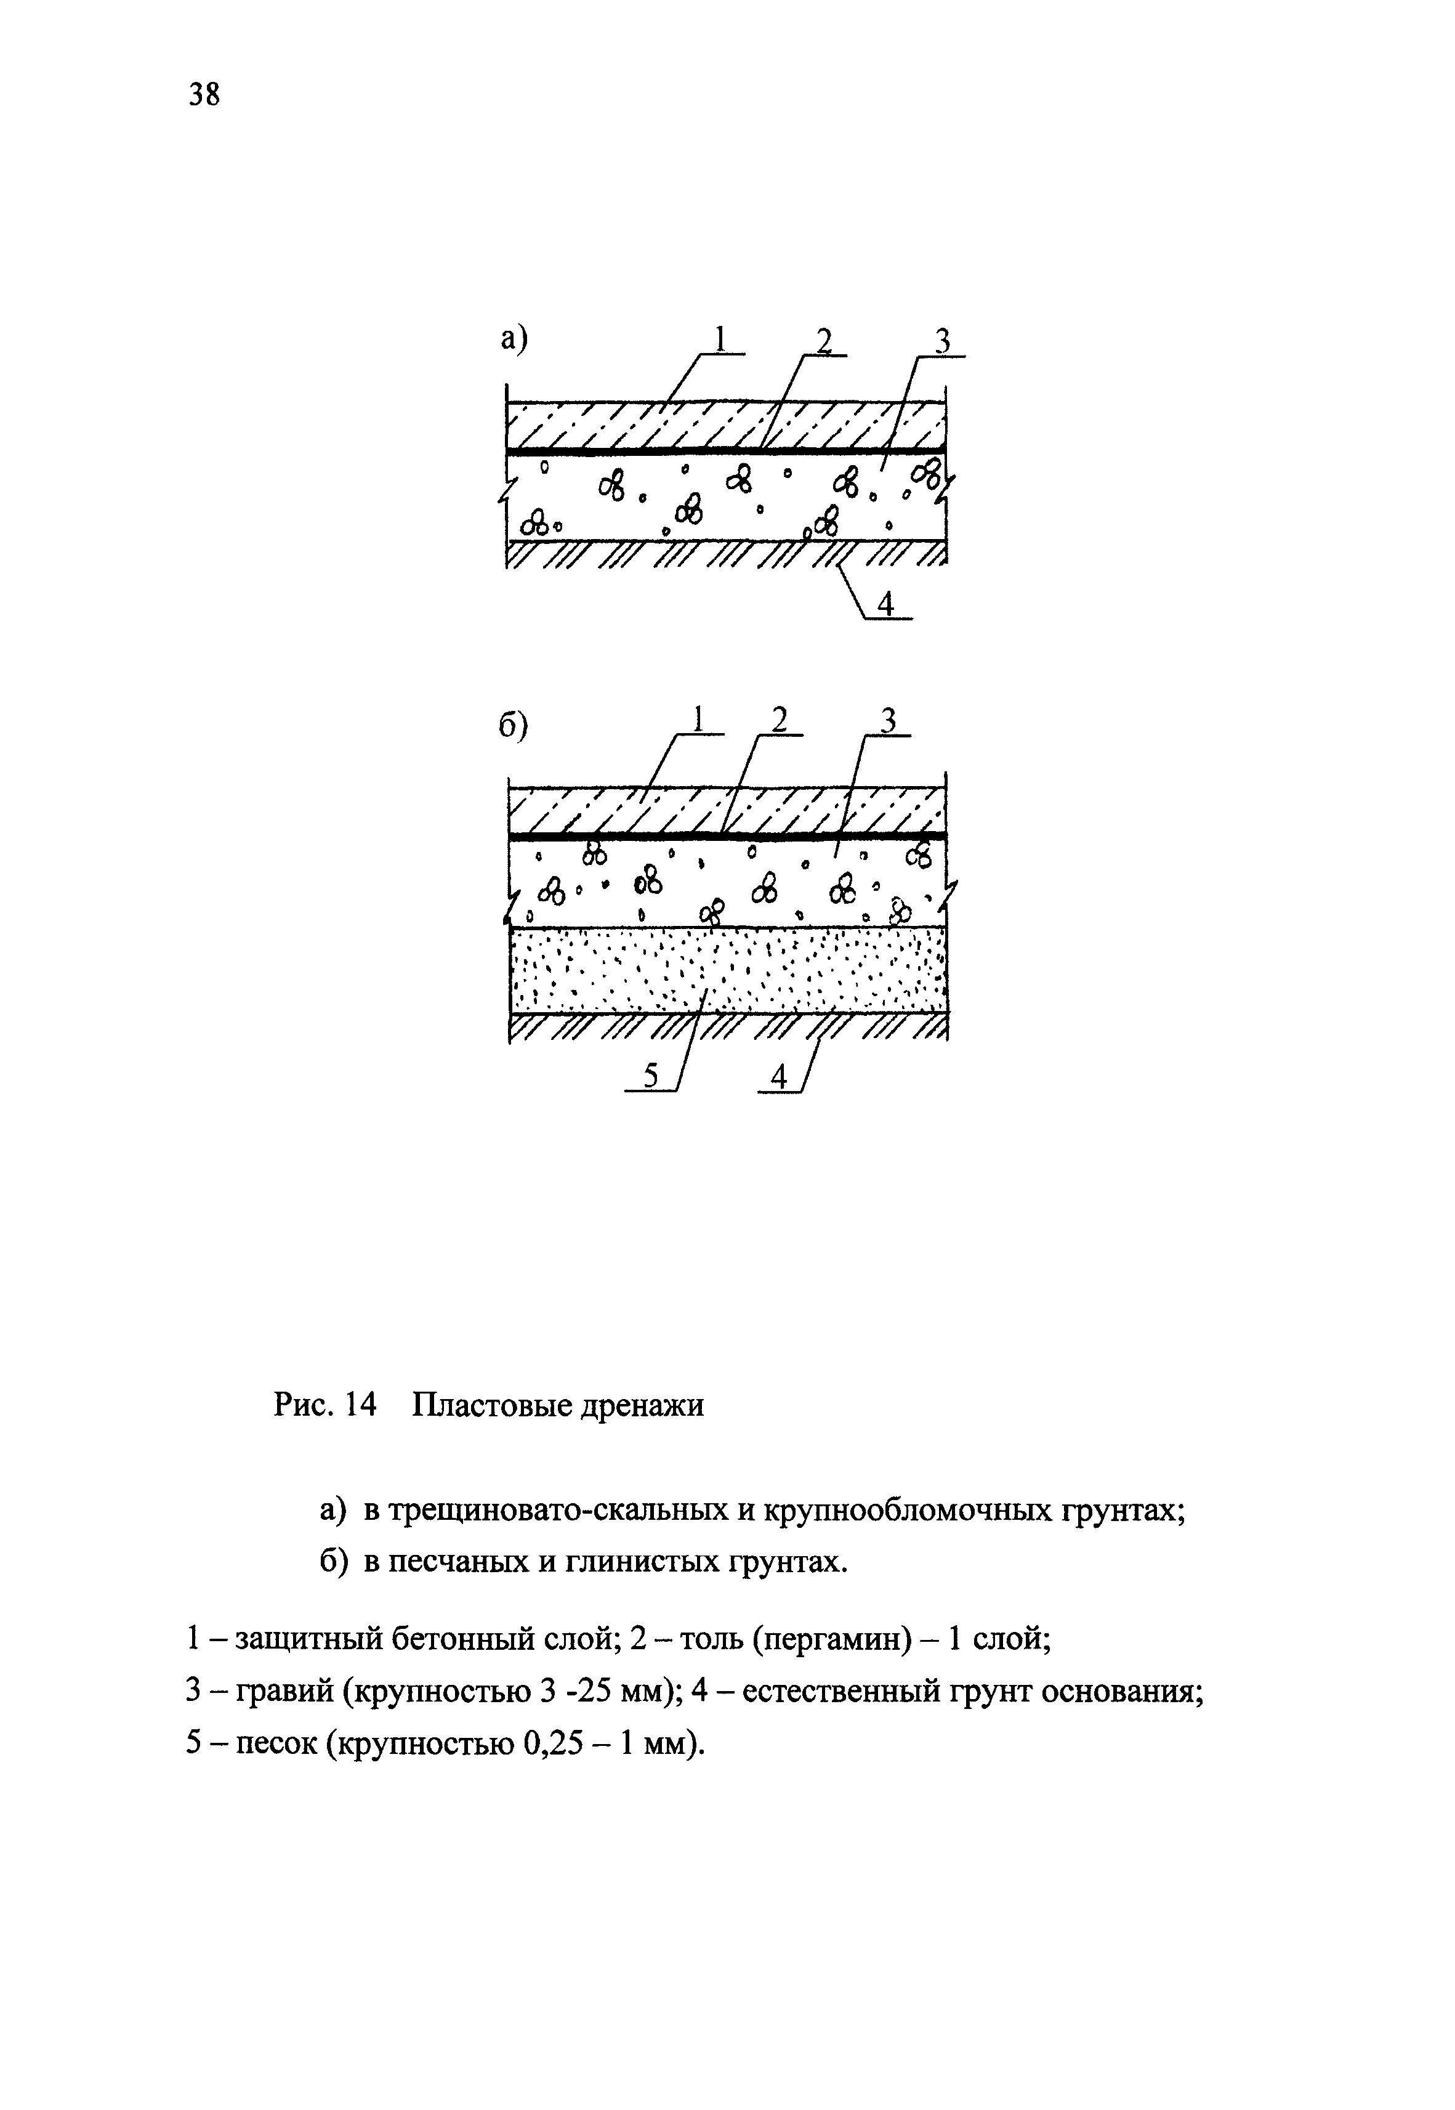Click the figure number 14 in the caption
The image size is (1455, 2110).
[x=361, y=1405]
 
